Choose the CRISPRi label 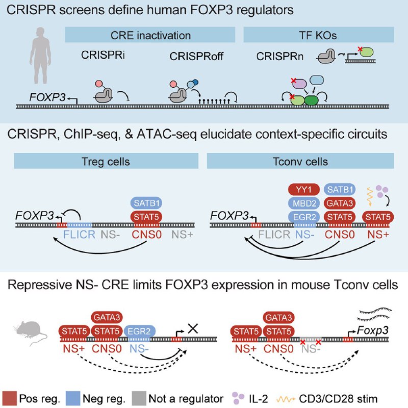coord(101,55)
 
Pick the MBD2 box coord(303,203)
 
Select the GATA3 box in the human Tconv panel coord(340,203)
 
